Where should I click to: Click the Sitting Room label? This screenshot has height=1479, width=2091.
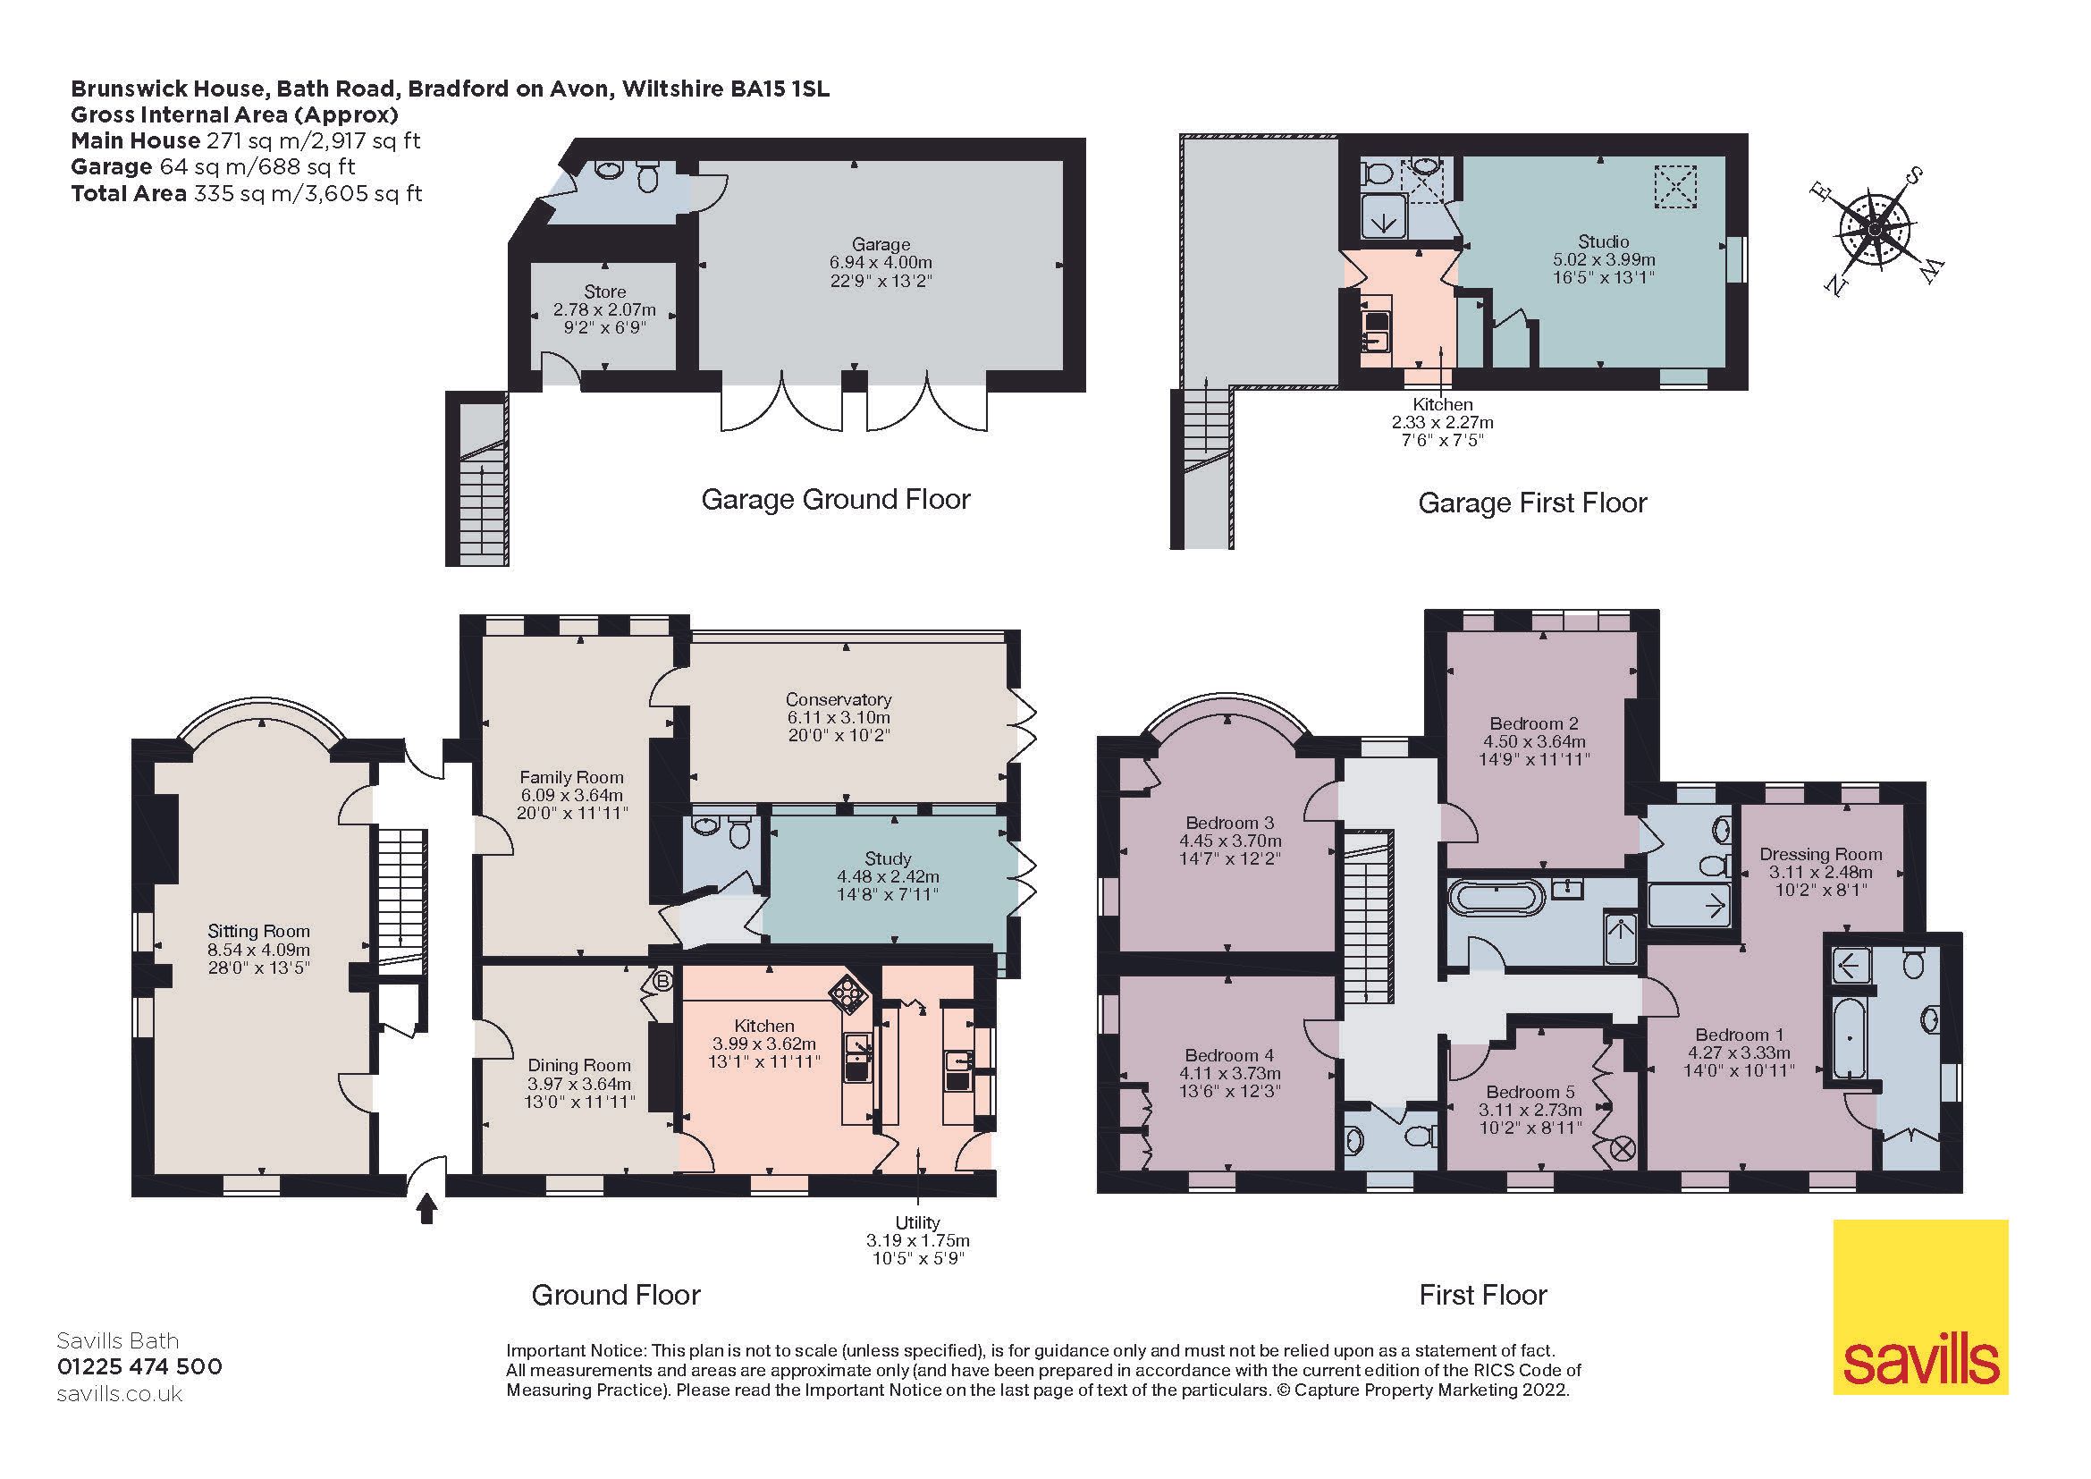point(258,931)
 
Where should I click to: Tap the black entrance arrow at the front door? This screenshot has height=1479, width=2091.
point(426,1211)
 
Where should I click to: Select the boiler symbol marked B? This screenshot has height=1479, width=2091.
point(663,981)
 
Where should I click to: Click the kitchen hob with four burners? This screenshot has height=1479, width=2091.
point(846,995)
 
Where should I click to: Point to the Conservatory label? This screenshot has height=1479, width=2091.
point(838,699)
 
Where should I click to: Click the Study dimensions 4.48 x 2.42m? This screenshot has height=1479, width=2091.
point(888,877)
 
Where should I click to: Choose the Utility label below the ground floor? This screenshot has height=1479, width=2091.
point(917,1222)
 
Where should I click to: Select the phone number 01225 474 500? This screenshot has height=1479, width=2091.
point(139,1367)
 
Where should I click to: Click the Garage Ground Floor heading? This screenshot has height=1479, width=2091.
point(835,499)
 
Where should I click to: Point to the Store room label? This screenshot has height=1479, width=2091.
point(604,292)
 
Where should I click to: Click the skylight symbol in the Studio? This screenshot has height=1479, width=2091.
point(1675,187)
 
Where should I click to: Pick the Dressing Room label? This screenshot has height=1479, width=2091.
point(1819,853)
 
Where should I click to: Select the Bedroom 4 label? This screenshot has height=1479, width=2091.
point(1229,1054)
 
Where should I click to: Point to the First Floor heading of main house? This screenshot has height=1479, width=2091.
point(1482,1294)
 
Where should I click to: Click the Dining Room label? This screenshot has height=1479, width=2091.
point(579,1065)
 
